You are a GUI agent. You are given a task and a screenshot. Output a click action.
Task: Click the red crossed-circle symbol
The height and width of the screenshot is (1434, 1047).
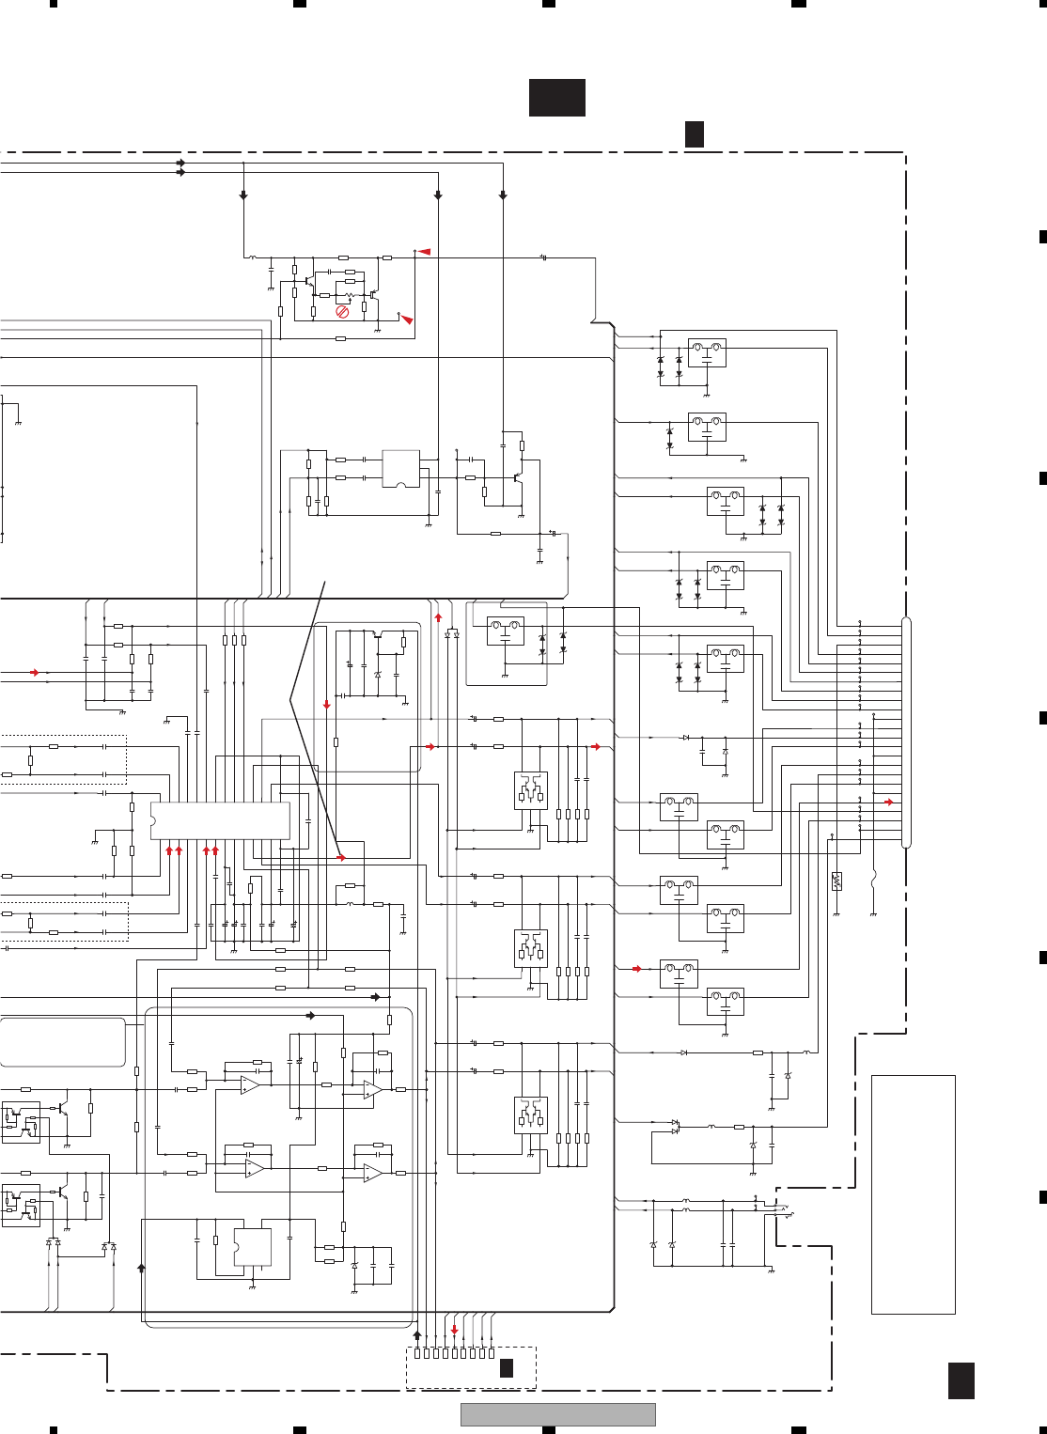(342, 311)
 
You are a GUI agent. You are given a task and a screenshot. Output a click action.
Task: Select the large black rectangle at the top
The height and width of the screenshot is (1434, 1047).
(557, 98)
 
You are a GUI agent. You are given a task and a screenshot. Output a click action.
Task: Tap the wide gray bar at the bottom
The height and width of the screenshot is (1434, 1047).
(557, 1414)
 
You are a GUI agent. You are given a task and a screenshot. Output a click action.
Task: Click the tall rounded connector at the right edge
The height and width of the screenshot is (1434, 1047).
(906, 734)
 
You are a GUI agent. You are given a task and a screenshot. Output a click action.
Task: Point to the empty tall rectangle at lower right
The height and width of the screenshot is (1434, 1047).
(913, 1194)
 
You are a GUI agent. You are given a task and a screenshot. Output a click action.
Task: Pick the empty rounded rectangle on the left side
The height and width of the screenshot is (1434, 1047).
(63, 1041)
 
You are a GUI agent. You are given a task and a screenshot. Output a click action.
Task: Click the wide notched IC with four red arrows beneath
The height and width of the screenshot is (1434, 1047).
(220, 820)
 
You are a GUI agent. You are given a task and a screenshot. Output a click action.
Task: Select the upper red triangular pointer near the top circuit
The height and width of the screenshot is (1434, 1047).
(424, 252)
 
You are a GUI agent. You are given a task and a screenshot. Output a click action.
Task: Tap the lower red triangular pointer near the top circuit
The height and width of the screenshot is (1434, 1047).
(407, 320)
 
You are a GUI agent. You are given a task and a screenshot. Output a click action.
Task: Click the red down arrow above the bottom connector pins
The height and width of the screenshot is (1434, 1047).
(454, 1330)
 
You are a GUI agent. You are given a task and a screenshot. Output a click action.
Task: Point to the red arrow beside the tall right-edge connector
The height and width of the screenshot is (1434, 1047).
(889, 803)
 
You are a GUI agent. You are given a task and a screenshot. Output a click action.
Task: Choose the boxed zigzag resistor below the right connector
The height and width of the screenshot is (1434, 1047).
(836, 881)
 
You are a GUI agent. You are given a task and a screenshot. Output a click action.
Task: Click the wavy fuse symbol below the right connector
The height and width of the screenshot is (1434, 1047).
(874, 881)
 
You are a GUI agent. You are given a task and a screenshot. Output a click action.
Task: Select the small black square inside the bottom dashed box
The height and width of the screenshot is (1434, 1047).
(506, 1368)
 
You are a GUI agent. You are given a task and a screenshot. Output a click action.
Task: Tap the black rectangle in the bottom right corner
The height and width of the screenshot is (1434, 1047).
(961, 1381)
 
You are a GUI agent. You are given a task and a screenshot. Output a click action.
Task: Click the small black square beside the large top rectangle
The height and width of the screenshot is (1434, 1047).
(694, 134)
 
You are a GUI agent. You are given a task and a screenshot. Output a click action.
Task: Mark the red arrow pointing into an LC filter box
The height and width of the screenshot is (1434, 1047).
(637, 969)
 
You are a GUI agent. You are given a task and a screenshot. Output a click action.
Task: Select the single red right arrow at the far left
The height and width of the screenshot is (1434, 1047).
(35, 673)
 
